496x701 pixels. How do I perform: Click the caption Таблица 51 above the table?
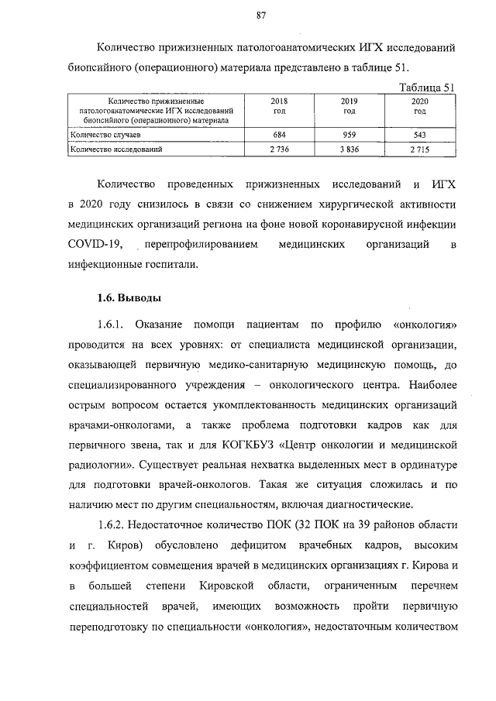425,86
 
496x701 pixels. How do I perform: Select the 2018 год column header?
277,106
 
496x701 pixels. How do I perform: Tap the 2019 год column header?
349,106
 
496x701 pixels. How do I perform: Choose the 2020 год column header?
419,106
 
